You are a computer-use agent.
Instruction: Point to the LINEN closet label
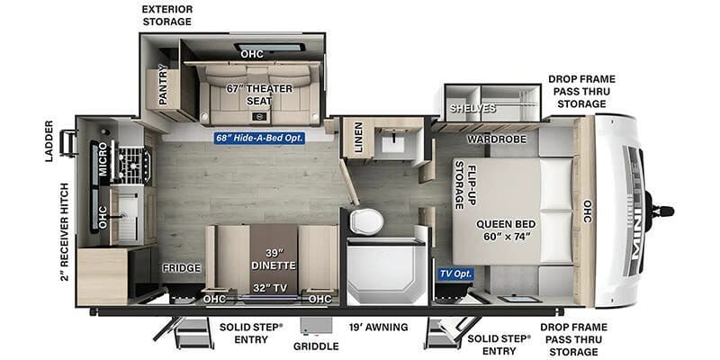[x=358, y=139]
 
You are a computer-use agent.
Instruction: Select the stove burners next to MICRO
[x=135, y=164]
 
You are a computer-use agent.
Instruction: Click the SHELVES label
[x=473, y=108]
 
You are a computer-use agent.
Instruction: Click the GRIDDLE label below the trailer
[x=315, y=346]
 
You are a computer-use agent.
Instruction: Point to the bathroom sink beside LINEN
[x=394, y=141]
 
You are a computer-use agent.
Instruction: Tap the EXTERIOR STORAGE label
[x=166, y=14]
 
